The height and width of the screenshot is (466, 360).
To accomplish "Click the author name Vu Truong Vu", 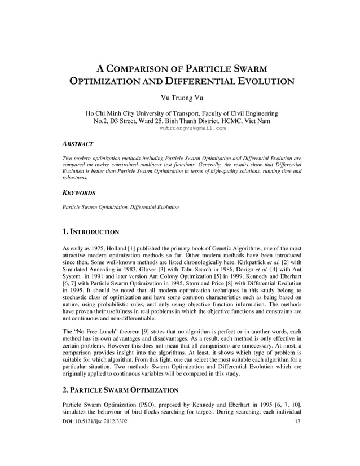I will pos(180,100).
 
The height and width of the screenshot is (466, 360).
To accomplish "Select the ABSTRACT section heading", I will pos(78,144).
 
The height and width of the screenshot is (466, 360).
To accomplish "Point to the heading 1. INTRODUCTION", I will pos(91,231).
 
